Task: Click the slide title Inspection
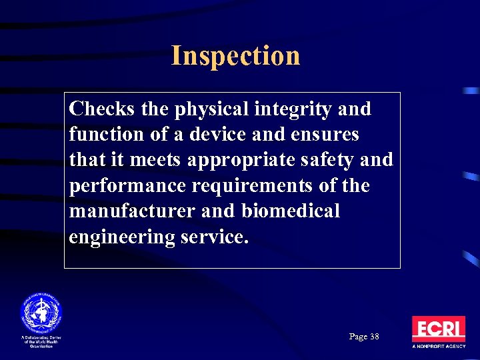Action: pyautogui.click(x=235, y=55)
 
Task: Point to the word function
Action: pyautogui.click(x=101, y=134)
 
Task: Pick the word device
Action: pyautogui.click(x=216, y=134)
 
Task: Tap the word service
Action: pyautogui.click(x=214, y=237)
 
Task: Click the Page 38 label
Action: pyautogui.click(x=364, y=337)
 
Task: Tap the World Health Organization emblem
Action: pyautogui.click(x=41, y=312)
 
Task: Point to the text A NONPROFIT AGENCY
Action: pyautogui.click(x=438, y=347)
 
